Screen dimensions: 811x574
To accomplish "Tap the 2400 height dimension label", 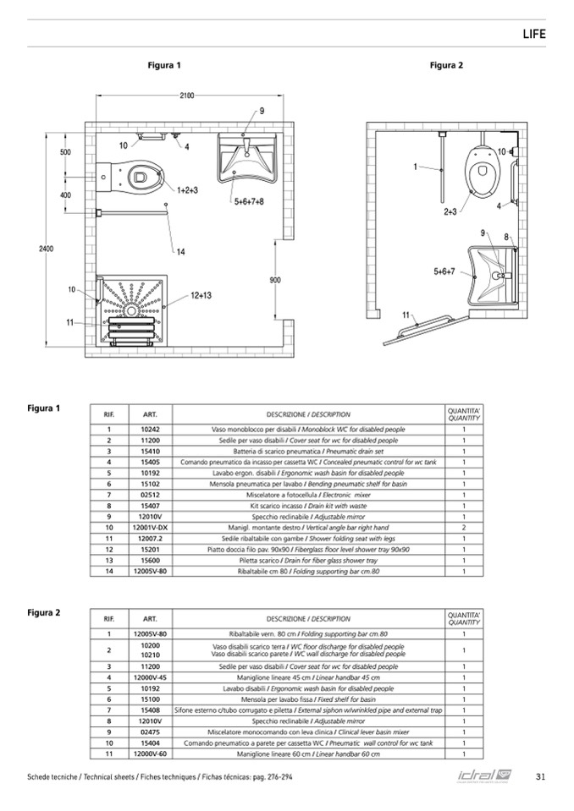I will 46,248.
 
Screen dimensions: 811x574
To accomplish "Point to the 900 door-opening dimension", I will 275,280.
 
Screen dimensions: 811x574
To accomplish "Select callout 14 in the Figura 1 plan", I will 180,251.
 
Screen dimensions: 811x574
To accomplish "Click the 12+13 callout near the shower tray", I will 201,295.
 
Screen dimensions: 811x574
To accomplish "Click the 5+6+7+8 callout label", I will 249,201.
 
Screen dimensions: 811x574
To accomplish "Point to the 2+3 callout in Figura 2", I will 450,212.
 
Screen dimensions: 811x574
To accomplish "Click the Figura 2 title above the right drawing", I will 446,65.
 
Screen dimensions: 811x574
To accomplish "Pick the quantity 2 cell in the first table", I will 464,527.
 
